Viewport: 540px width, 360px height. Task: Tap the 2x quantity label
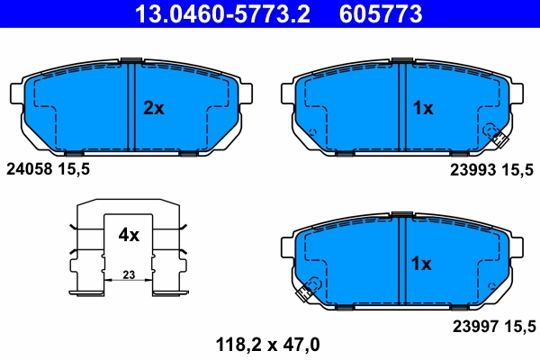154,108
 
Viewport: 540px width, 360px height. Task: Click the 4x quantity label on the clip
129,235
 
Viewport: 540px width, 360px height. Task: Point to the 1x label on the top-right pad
422,108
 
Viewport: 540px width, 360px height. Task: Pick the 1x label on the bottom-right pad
422,265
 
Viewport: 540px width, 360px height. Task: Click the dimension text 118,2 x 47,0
267,343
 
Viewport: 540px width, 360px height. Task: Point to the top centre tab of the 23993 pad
400,61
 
